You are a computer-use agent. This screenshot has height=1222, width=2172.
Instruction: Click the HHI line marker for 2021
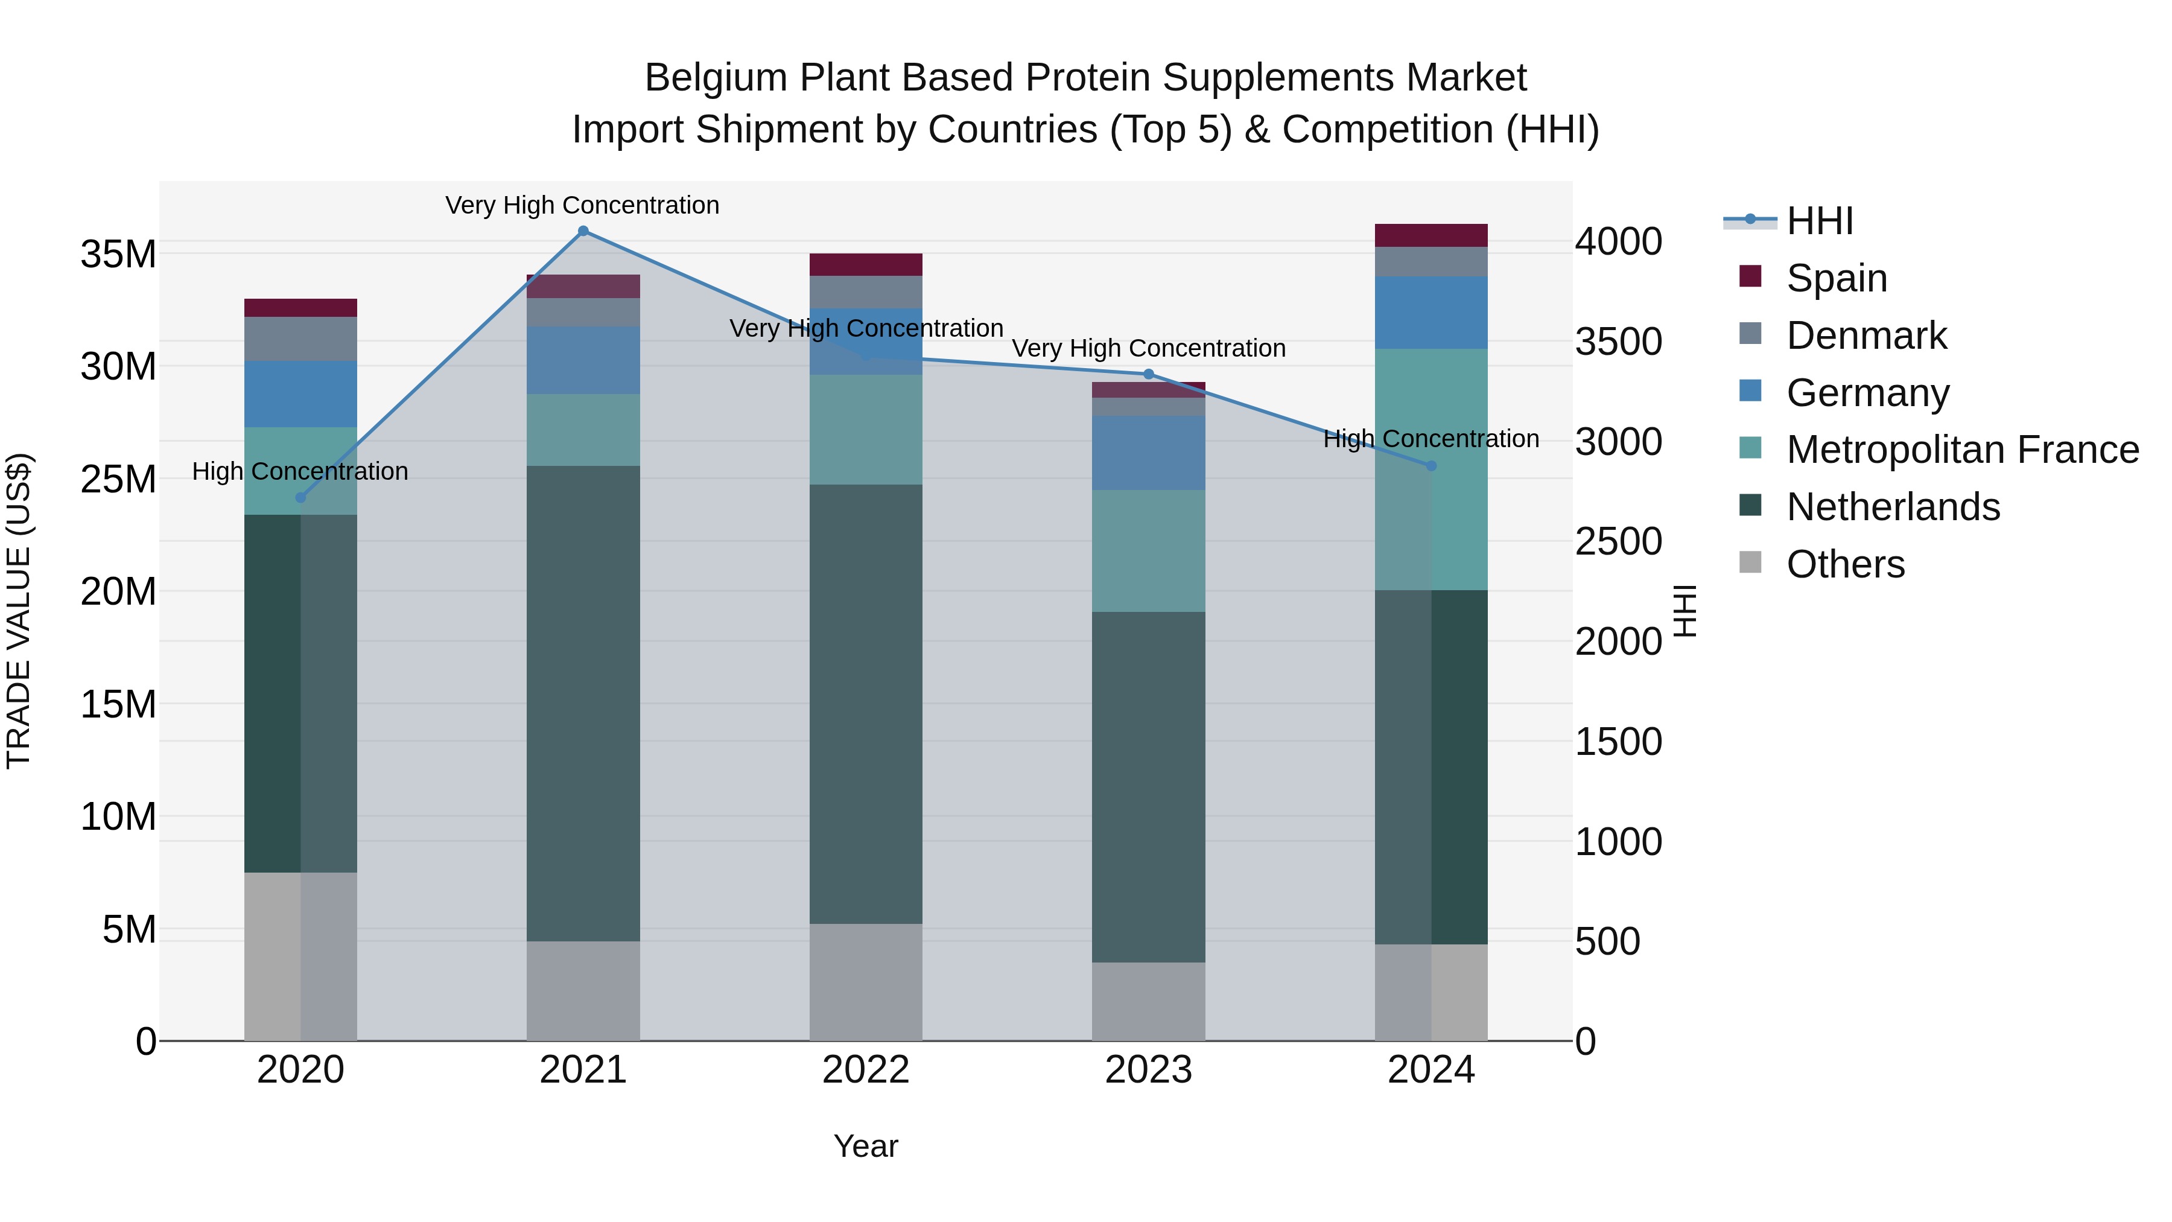pos(583,231)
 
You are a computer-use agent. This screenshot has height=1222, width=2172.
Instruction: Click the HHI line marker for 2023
pos(1148,374)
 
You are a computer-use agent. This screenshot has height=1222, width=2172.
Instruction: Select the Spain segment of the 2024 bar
pos(1431,235)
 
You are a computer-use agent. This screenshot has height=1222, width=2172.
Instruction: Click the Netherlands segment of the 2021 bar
pos(583,704)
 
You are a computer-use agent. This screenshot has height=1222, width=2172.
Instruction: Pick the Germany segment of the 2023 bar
pos(1148,452)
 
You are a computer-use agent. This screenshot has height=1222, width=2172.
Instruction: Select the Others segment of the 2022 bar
pos(866,982)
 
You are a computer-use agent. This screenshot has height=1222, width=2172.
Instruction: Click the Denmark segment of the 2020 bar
pos(300,339)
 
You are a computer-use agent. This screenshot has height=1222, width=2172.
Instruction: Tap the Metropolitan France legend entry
pos(1962,450)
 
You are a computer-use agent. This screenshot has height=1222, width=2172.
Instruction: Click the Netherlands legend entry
pos(1893,507)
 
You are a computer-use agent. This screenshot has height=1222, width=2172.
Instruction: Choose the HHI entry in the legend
pos(1820,221)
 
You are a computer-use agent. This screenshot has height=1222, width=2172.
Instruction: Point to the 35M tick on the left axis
pos(118,254)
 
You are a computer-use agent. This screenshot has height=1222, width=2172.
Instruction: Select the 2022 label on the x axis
pos(866,1070)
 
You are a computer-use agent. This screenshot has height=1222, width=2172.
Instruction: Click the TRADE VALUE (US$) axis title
pos(19,611)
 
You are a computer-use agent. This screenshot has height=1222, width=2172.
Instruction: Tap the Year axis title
pos(866,1146)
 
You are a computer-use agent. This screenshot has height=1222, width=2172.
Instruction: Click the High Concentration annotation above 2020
pos(300,471)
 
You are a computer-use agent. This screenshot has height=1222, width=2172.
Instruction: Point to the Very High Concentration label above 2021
pos(583,205)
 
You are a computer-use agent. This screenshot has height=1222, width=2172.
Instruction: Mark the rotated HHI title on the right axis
pos(1684,611)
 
